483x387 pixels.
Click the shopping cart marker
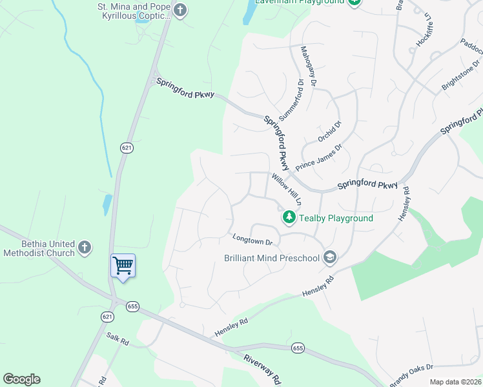(123, 265)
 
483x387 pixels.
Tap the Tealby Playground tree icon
(289, 218)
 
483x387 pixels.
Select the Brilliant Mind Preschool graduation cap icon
(330, 258)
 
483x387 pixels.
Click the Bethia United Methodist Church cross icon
(84, 247)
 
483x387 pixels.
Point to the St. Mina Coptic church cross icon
(180, 10)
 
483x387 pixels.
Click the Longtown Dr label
(252, 239)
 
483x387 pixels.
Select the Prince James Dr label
(318, 157)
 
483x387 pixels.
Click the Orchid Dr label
(329, 131)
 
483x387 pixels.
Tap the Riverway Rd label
(262, 368)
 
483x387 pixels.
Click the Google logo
(21, 379)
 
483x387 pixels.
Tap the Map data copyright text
(455, 382)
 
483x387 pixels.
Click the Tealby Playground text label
(336, 218)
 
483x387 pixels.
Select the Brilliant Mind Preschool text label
(272, 258)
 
